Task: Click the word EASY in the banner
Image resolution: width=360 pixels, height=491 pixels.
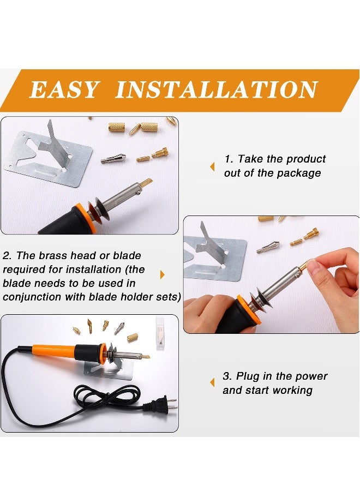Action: (x=64, y=89)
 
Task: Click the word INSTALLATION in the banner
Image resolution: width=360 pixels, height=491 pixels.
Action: (x=216, y=89)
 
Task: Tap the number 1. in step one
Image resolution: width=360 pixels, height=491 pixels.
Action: (x=230, y=159)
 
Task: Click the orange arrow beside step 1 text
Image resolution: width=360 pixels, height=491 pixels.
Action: (x=212, y=166)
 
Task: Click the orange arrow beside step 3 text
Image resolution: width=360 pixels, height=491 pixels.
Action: (x=212, y=383)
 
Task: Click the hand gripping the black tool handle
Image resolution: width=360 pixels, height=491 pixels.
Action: (x=207, y=314)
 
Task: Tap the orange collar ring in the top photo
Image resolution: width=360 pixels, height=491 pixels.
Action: (x=82, y=215)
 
